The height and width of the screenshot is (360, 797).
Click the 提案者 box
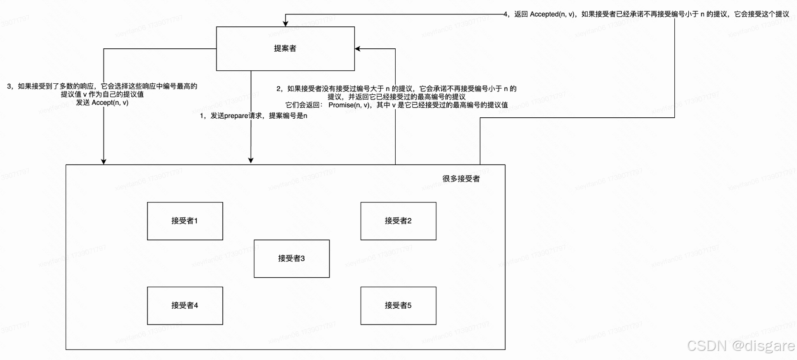[x=285, y=48]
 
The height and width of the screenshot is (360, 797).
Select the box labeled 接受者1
[x=185, y=221]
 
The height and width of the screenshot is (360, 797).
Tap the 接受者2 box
[x=398, y=221]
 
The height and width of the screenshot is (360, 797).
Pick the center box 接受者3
[x=291, y=259]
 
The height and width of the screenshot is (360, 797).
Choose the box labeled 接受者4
[x=185, y=305]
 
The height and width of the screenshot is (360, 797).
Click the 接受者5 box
[x=398, y=305]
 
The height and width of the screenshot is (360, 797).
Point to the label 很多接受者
[x=461, y=179]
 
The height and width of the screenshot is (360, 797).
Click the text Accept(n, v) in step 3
[x=110, y=102]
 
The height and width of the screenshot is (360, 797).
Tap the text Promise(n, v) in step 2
[x=349, y=105]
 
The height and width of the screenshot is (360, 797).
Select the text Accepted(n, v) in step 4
[x=552, y=14]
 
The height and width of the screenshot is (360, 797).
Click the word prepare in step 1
[x=236, y=116]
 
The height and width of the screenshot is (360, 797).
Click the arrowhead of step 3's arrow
[x=103, y=161]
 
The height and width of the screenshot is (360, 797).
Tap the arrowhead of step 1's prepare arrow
[x=250, y=160]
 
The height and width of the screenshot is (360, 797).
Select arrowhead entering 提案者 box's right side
[x=358, y=48]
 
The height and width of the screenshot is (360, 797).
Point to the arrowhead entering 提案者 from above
[x=286, y=23]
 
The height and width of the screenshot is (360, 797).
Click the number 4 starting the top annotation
[x=506, y=14]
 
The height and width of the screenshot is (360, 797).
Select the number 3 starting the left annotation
[x=9, y=87]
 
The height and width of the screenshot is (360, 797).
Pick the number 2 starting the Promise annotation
[x=279, y=89]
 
